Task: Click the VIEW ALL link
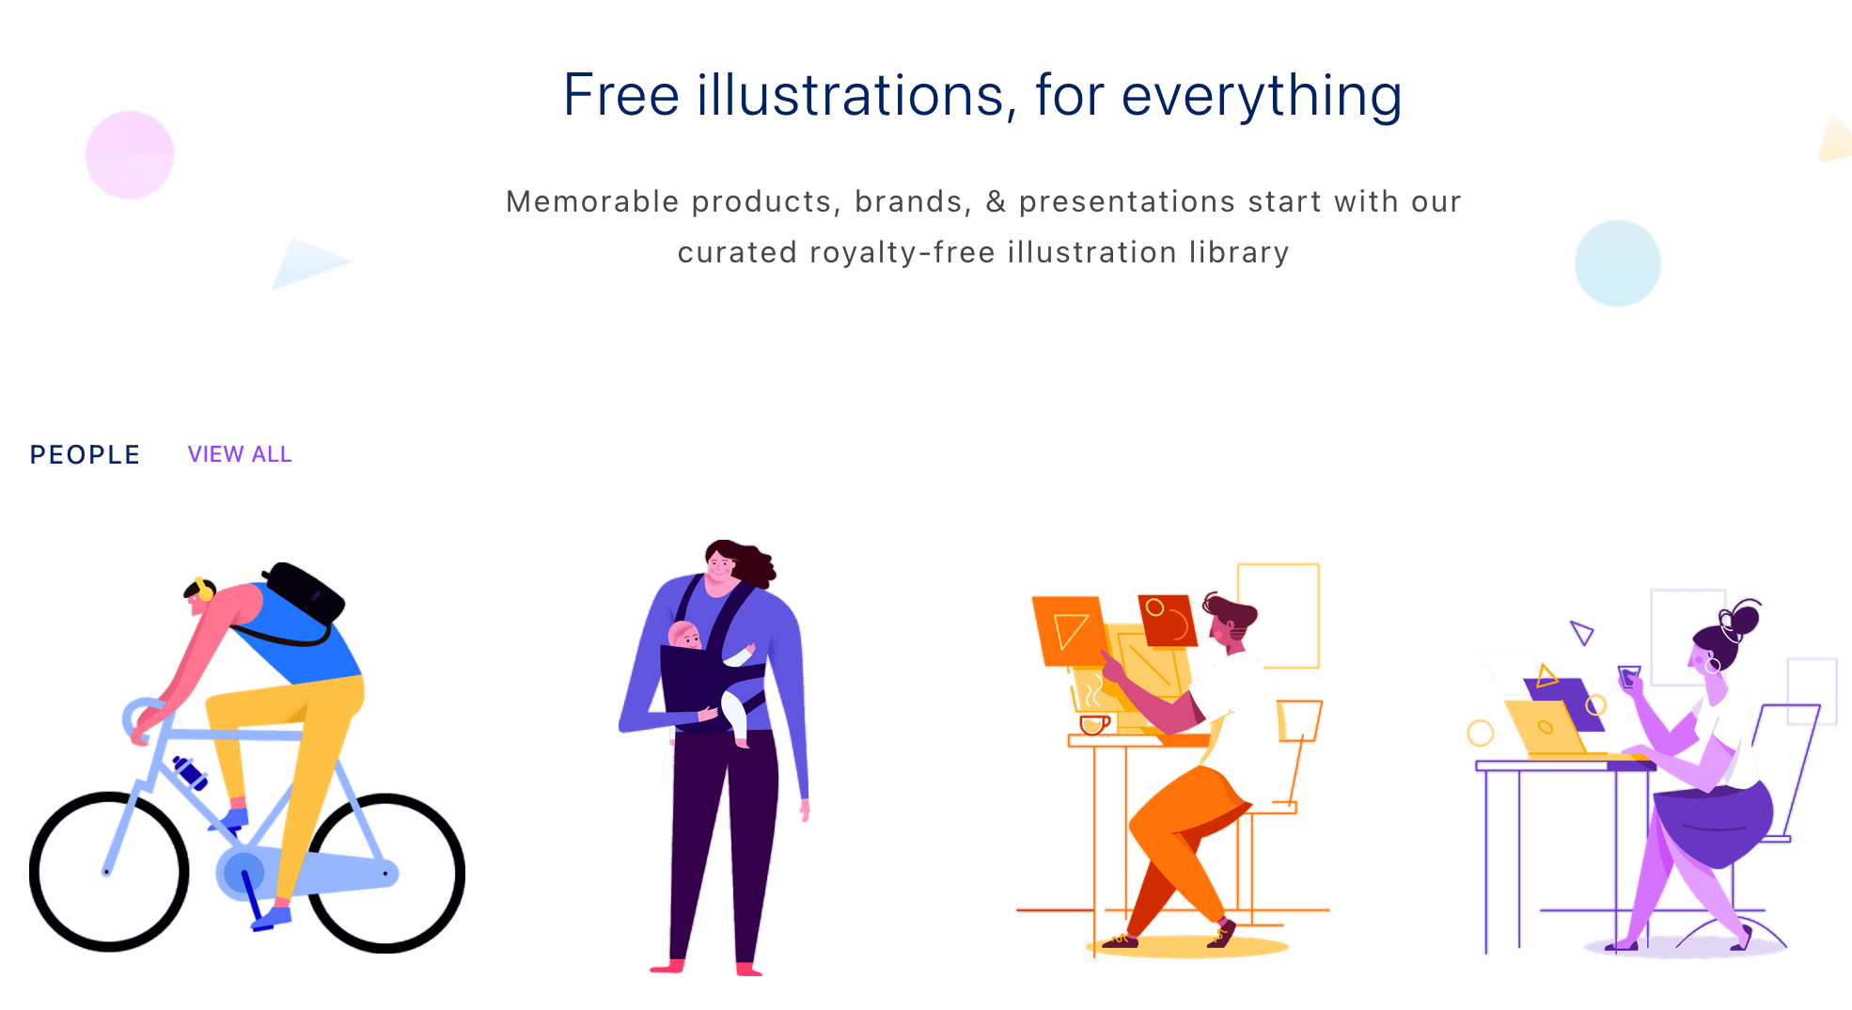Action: pyautogui.click(x=240, y=454)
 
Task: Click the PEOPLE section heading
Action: pyautogui.click(x=85, y=455)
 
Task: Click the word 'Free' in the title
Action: pyautogui.click(x=620, y=95)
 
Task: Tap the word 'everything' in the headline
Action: pyautogui.click(x=1262, y=97)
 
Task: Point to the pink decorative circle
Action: pyautogui.click(x=130, y=155)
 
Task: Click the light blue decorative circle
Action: pyautogui.click(x=1617, y=263)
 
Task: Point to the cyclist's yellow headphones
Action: pyautogui.click(x=204, y=590)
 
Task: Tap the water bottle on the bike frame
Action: pyautogui.click(x=190, y=772)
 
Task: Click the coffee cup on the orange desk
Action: pyautogui.click(x=1093, y=724)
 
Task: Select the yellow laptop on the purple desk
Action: pyautogui.click(x=1547, y=729)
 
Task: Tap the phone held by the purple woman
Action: pyautogui.click(x=1629, y=675)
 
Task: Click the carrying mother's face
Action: pyautogui.click(x=720, y=567)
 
